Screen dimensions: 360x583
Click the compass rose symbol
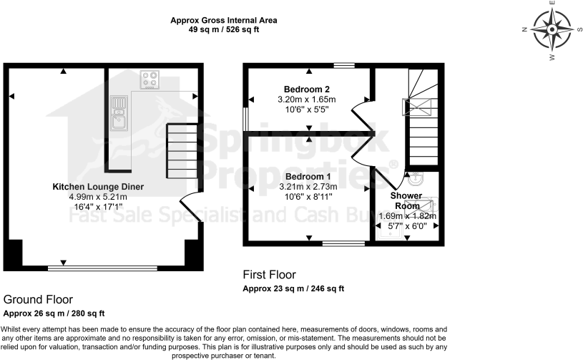click(552, 29)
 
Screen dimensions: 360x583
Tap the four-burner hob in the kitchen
click(150, 79)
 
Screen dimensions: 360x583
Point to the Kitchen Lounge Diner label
click(97, 186)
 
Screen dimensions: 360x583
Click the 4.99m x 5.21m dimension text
click(97, 197)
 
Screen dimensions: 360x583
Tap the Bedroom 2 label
click(306, 89)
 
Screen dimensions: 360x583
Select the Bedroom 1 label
click(308, 176)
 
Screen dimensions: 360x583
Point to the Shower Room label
click(406, 200)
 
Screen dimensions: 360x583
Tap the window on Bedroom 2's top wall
click(345, 66)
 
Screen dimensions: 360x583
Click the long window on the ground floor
click(102, 269)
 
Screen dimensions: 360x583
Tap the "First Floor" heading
click(269, 275)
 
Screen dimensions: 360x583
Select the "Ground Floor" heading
click(37, 299)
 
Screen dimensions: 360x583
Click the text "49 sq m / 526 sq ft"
click(223, 31)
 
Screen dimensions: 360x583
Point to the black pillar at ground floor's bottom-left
click(14, 253)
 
